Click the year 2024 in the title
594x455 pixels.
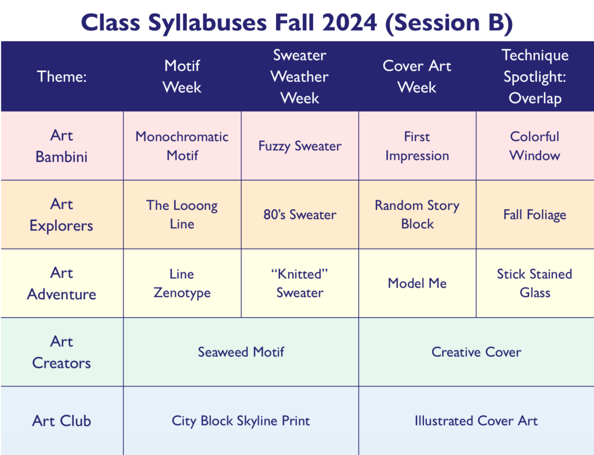[x=350, y=23]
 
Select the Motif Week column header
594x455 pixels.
[x=182, y=77]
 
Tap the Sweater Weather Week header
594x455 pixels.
[x=300, y=77]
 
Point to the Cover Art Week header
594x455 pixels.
[x=416, y=77]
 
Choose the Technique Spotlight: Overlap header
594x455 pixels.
[x=535, y=77]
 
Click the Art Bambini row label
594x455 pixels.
[x=61, y=146]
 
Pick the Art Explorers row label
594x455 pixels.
[x=61, y=215]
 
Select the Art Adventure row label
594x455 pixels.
[x=61, y=284]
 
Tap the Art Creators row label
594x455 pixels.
[x=61, y=352]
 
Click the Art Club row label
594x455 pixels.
[x=61, y=421]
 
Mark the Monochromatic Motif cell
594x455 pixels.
[x=182, y=146]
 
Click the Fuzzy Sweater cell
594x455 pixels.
[x=300, y=146]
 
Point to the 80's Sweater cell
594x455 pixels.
[x=300, y=215]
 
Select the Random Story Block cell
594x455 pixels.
[x=417, y=215]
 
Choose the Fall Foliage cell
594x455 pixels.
[x=534, y=215]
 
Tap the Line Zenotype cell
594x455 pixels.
[x=182, y=284]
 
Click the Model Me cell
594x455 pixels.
[x=417, y=284]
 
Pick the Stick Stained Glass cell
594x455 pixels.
[x=534, y=284]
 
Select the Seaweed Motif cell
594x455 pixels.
[x=241, y=352]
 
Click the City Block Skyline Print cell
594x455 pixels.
[x=241, y=421]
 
